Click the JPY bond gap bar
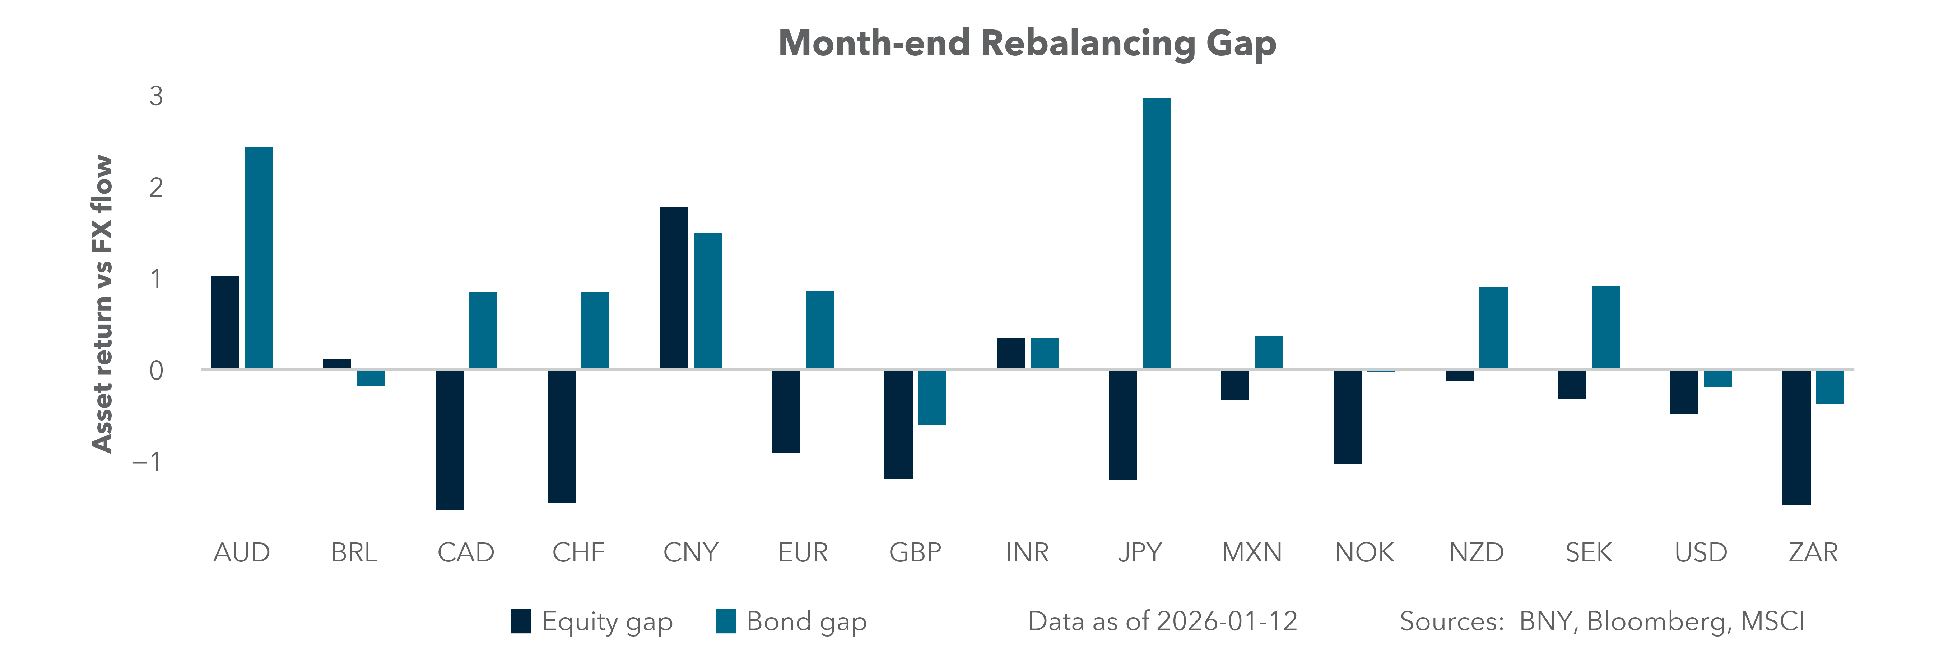(x=1156, y=234)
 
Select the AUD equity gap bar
(x=225, y=322)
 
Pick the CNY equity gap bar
(x=674, y=288)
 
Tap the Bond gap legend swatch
(x=726, y=621)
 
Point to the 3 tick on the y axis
(x=156, y=96)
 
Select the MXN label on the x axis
(x=1251, y=553)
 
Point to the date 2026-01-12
(x=1227, y=621)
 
